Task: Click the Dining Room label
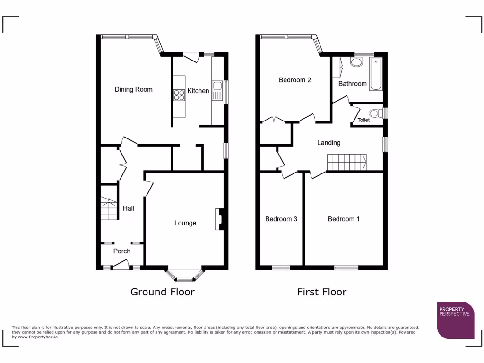click(134, 89)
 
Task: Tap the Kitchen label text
click(198, 91)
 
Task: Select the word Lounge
click(185, 223)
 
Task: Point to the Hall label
click(129, 208)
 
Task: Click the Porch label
click(122, 251)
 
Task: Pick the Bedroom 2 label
click(295, 80)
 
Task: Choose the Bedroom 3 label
click(281, 219)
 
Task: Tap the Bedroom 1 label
click(344, 219)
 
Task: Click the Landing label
click(328, 142)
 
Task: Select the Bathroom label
click(353, 84)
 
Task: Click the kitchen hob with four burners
click(180, 95)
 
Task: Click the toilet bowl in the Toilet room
click(375, 113)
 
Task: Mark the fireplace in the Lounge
click(220, 219)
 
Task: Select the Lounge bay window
click(185, 274)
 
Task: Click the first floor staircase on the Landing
click(347, 162)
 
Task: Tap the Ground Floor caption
click(162, 292)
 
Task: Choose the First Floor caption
click(321, 292)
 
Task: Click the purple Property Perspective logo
click(456, 320)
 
